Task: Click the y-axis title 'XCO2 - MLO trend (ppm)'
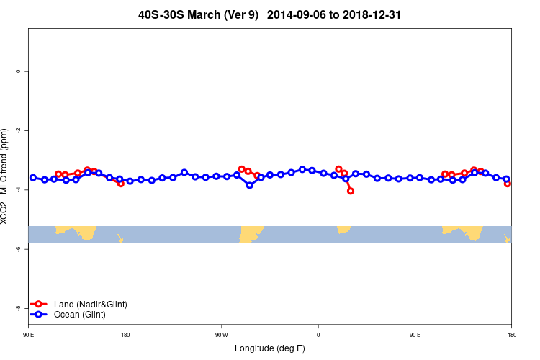coord(6,176)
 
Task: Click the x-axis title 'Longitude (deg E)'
coord(270,348)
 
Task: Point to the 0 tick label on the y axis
coord(18,71)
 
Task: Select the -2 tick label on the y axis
coord(18,130)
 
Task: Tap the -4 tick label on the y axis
coord(18,189)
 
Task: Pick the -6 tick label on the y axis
coord(18,248)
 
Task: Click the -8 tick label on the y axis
coord(18,307)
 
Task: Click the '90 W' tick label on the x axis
coord(221,335)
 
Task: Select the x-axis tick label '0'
coord(318,335)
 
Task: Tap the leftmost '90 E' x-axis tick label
coord(29,335)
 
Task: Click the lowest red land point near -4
coord(351,191)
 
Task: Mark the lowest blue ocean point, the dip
coord(250,185)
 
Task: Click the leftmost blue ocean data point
coord(33,177)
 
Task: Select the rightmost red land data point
coord(508,184)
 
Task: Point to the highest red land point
coord(242,169)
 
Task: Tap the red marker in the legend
coord(39,305)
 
